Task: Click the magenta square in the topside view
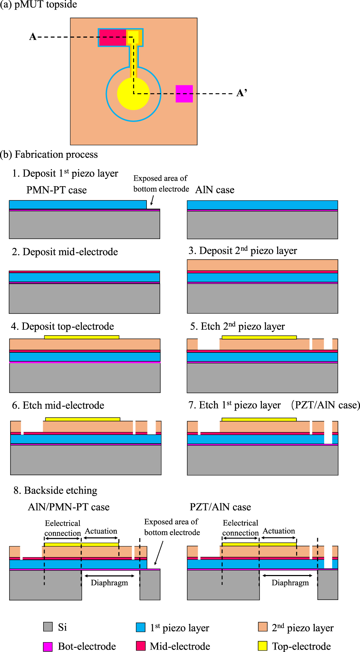click(184, 94)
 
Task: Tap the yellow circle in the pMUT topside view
click(133, 94)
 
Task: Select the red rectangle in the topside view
click(112, 38)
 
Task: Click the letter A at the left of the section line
click(33, 37)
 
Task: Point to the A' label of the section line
click(242, 93)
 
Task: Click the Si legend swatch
click(48, 627)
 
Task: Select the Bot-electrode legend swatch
click(48, 646)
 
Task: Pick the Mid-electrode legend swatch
click(140, 646)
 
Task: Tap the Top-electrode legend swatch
click(262, 646)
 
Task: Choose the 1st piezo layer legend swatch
click(140, 627)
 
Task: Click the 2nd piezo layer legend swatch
click(262, 627)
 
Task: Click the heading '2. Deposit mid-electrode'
click(65, 252)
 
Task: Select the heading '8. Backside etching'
click(55, 490)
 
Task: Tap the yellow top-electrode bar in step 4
click(81, 337)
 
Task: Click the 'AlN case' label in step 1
click(215, 190)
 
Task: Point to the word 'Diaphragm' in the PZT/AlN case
click(290, 583)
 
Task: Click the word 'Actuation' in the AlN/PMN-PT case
click(101, 531)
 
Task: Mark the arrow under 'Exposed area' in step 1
click(152, 200)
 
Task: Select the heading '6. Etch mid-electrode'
click(58, 405)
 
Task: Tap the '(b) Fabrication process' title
click(49, 155)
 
